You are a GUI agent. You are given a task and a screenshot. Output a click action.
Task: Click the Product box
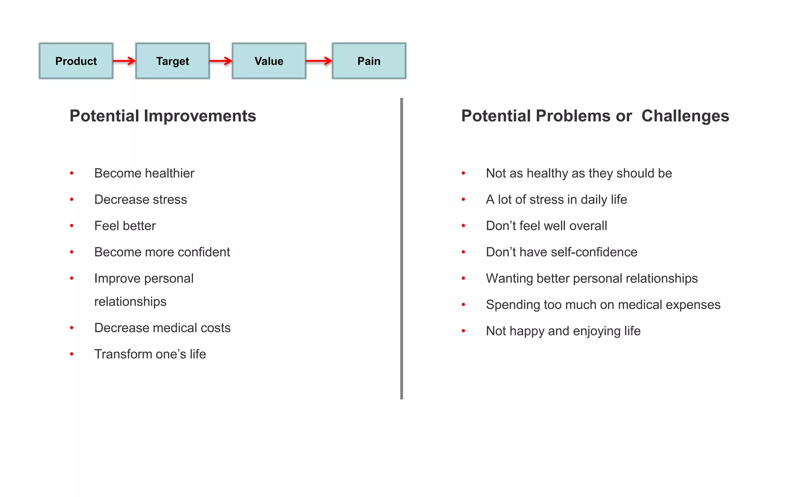tap(76, 61)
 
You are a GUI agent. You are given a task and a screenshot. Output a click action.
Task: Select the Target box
tap(172, 61)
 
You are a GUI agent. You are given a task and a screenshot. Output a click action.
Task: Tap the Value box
tap(269, 61)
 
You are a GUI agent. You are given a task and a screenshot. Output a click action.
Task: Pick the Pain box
tap(369, 61)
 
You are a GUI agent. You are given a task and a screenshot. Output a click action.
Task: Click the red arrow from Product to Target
tap(124, 61)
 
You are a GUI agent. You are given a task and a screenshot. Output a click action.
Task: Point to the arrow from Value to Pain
tap(319, 61)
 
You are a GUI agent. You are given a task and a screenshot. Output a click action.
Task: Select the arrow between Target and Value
tap(220, 61)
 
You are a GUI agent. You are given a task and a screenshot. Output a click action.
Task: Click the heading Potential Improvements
tap(163, 116)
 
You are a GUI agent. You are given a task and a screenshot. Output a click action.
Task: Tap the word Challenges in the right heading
tap(685, 116)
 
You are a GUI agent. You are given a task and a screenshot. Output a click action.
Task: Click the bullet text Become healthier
tap(144, 173)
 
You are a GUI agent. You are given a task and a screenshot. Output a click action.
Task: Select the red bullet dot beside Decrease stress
tap(72, 200)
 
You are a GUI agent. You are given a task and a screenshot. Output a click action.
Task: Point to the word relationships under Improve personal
tap(130, 302)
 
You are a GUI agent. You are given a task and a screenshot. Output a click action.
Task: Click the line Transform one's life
tap(150, 354)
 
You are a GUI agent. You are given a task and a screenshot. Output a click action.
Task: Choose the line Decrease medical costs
tap(162, 328)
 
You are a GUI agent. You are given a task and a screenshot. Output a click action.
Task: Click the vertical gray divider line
tap(401, 248)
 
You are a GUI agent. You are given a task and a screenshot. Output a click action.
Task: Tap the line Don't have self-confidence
tap(561, 252)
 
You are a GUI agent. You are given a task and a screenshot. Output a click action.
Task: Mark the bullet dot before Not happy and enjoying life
tap(463, 331)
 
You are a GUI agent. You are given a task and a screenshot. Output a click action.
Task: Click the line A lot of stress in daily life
tap(556, 200)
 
